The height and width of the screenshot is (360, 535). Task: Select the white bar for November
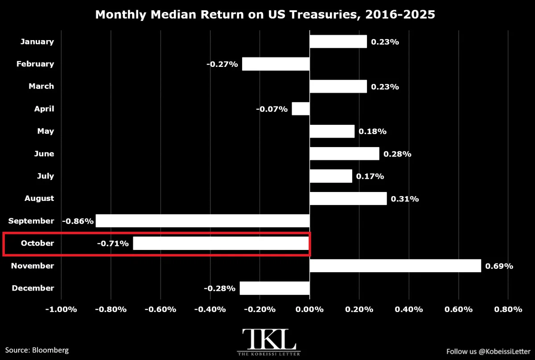[x=395, y=266]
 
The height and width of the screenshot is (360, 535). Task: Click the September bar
[x=202, y=221]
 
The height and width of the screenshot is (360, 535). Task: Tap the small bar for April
[x=300, y=109]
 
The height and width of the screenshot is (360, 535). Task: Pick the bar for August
[x=348, y=198]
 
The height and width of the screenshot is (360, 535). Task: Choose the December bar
[x=275, y=288]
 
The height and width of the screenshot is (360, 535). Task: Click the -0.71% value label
[x=113, y=244]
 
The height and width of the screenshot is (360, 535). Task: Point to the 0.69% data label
[x=499, y=266]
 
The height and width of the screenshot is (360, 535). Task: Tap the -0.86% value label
[x=78, y=221]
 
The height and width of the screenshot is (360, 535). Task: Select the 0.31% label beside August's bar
[x=405, y=199]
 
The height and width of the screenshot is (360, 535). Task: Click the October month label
[x=37, y=243]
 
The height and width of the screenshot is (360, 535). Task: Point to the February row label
[x=35, y=64]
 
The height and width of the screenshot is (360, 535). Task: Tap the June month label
[x=44, y=154]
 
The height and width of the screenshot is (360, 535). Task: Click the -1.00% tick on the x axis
[x=61, y=309]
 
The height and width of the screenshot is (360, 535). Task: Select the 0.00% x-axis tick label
[x=309, y=309]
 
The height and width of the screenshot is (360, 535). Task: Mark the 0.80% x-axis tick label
[x=508, y=309]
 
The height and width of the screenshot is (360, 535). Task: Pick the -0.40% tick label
[x=210, y=309]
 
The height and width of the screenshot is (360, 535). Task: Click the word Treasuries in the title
[x=325, y=14]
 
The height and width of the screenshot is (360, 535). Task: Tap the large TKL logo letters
[x=269, y=339]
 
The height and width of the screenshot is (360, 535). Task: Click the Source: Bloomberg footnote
[x=37, y=350]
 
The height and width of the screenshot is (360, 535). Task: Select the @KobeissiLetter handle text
[x=504, y=352]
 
